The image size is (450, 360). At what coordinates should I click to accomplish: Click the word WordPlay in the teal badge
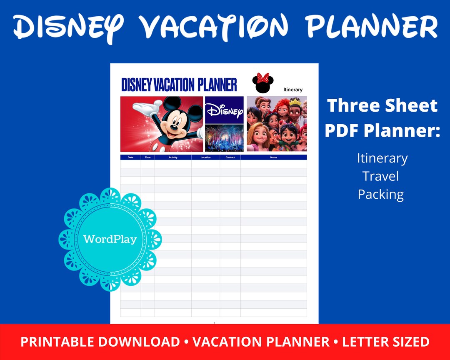pyautogui.click(x=110, y=239)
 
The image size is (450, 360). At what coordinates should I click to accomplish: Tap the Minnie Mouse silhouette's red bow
pyautogui.click(x=263, y=78)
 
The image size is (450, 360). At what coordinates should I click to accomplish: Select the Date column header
pyautogui.click(x=130, y=157)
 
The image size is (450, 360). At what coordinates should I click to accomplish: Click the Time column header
pyautogui.click(x=147, y=157)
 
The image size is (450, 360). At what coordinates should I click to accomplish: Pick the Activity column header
pyautogui.click(x=173, y=157)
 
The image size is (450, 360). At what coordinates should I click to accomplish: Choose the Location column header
pyautogui.click(x=205, y=157)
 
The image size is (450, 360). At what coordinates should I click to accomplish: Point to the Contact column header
pyautogui.click(x=230, y=157)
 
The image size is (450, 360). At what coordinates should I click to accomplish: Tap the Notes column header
pyautogui.click(x=273, y=157)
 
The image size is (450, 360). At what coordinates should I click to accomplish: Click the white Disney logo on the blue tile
pyautogui.click(x=224, y=110)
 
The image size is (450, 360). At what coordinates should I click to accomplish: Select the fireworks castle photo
pyautogui.click(x=224, y=138)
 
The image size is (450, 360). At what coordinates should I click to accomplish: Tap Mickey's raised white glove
pyautogui.click(x=144, y=109)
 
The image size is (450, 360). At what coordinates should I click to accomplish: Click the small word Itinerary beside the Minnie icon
pyautogui.click(x=293, y=90)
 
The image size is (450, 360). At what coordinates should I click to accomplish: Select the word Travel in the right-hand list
pyautogui.click(x=380, y=176)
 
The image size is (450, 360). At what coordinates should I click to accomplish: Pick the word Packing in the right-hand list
pyautogui.click(x=380, y=195)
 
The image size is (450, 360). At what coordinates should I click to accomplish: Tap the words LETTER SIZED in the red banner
pyautogui.click(x=386, y=342)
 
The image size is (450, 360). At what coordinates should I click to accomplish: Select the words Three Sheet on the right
pyautogui.click(x=382, y=106)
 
